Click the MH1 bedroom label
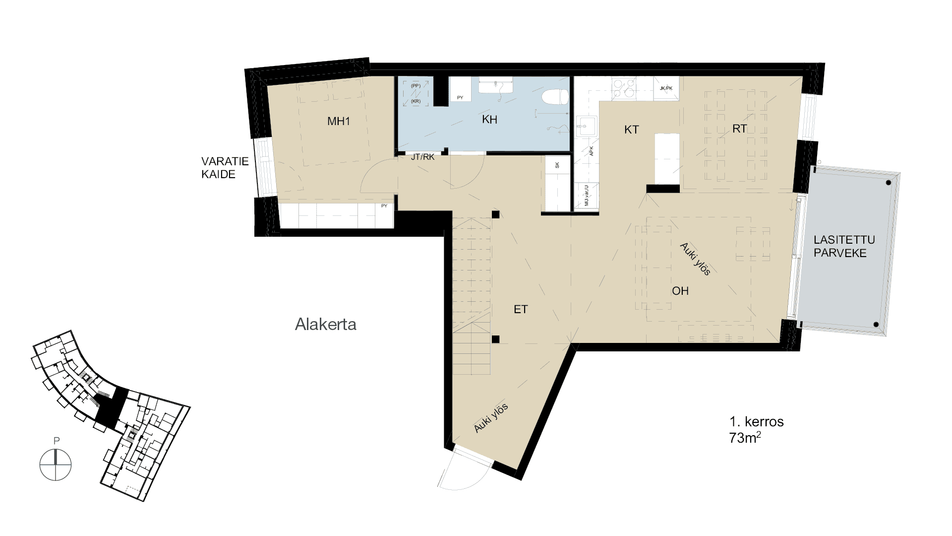(x=339, y=121)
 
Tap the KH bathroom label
(x=489, y=120)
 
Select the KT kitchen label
(x=631, y=130)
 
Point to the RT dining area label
(x=739, y=129)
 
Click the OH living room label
(x=680, y=291)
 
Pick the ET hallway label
(x=521, y=310)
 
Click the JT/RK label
(x=422, y=157)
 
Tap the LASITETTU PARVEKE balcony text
(x=843, y=246)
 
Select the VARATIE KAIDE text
(x=224, y=168)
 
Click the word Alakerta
(x=326, y=325)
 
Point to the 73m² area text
(x=745, y=438)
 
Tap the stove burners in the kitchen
(x=624, y=88)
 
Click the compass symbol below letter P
(x=56, y=465)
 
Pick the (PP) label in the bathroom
(x=416, y=86)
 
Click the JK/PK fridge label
(x=666, y=88)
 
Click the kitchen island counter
(x=666, y=159)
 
